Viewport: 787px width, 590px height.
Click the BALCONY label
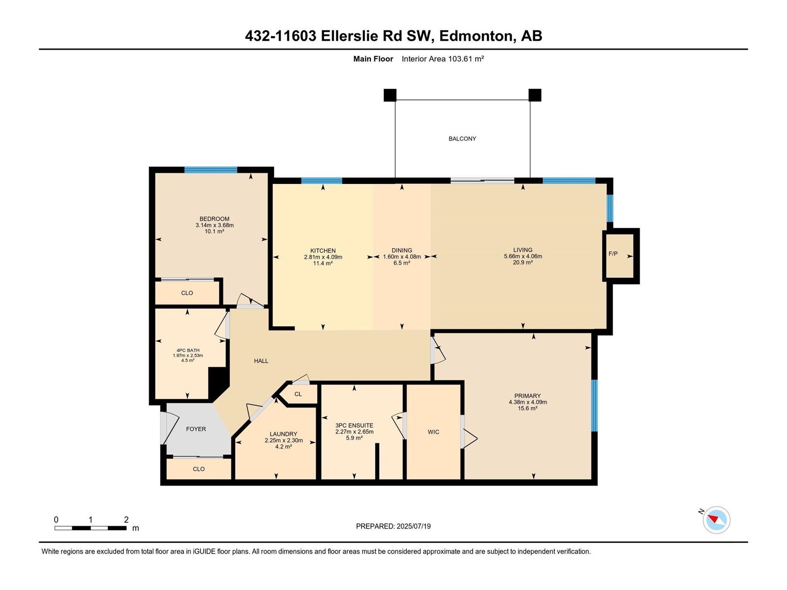tap(462, 139)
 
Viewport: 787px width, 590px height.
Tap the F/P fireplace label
tap(613, 254)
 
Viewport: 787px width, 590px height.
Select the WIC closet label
tap(433, 432)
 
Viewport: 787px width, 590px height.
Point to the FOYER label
tap(196, 429)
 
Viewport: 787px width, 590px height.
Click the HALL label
tap(261, 361)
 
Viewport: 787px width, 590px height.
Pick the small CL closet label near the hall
tap(298, 394)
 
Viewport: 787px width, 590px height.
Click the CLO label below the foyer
tap(199, 469)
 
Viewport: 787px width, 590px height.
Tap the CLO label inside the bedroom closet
tap(187, 293)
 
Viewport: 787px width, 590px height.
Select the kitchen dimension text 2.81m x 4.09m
tap(323, 257)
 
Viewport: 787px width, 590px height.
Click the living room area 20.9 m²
tap(523, 262)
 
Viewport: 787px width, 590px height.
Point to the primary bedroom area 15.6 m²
tap(527, 408)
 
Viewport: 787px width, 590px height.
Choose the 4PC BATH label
tap(188, 351)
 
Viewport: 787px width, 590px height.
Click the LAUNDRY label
tap(283, 434)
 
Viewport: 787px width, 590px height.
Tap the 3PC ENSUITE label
tap(354, 425)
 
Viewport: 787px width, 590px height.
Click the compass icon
tap(716, 520)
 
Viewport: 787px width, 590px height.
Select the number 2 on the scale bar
tap(126, 519)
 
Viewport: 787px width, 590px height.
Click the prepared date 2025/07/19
tap(413, 526)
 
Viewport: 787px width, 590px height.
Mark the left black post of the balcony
tap(390, 95)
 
